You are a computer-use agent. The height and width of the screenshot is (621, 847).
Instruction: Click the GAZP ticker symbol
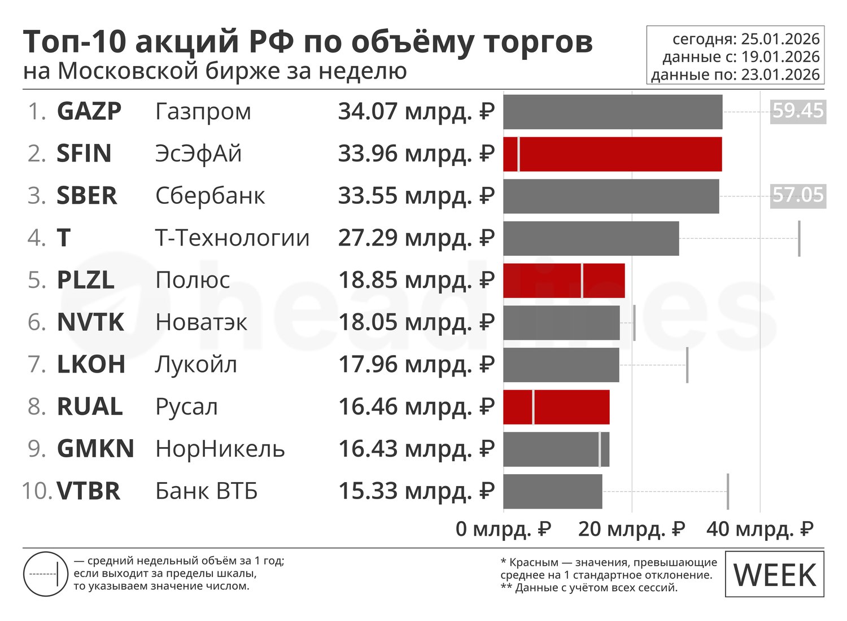pyautogui.click(x=89, y=111)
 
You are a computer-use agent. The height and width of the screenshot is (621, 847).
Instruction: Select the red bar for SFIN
pyautogui.click(x=613, y=154)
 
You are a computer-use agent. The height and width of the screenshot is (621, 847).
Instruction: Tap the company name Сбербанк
pyautogui.click(x=210, y=195)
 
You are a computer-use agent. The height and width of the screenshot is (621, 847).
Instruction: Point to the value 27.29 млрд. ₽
pyautogui.click(x=416, y=238)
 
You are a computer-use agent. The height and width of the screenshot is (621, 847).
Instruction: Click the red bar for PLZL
pyautogui.click(x=564, y=280)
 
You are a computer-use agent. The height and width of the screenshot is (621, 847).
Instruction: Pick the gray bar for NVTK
pyautogui.click(x=561, y=322)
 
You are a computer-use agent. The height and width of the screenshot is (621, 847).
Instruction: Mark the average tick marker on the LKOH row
pyautogui.click(x=687, y=365)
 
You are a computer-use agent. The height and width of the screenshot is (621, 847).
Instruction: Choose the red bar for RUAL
pyautogui.click(x=556, y=406)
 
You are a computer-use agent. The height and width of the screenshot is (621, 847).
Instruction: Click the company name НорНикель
pyautogui.click(x=220, y=449)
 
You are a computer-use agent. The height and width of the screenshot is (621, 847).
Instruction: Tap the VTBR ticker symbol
pyautogui.click(x=89, y=491)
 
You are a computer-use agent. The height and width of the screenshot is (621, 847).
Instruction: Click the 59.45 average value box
pyautogui.click(x=798, y=111)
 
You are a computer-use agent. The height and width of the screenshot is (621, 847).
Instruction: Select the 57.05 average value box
pyautogui.click(x=798, y=195)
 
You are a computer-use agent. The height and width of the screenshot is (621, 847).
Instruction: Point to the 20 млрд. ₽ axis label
pyautogui.click(x=631, y=529)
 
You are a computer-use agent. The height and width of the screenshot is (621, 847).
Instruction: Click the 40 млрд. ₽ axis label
pyautogui.click(x=760, y=529)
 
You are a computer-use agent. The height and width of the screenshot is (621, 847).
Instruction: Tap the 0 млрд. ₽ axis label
pyautogui.click(x=503, y=529)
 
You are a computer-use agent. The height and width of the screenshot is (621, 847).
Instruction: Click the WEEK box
pyautogui.click(x=775, y=575)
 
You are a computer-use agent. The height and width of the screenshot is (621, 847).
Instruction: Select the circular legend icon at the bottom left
pyautogui.click(x=46, y=574)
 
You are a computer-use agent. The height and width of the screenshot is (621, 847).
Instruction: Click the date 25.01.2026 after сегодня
pyautogui.click(x=780, y=39)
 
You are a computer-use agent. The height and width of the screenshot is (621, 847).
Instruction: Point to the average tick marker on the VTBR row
pyautogui.click(x=728, y=491)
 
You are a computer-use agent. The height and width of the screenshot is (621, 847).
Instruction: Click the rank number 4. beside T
pyautogui.click(x=37, y=238)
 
